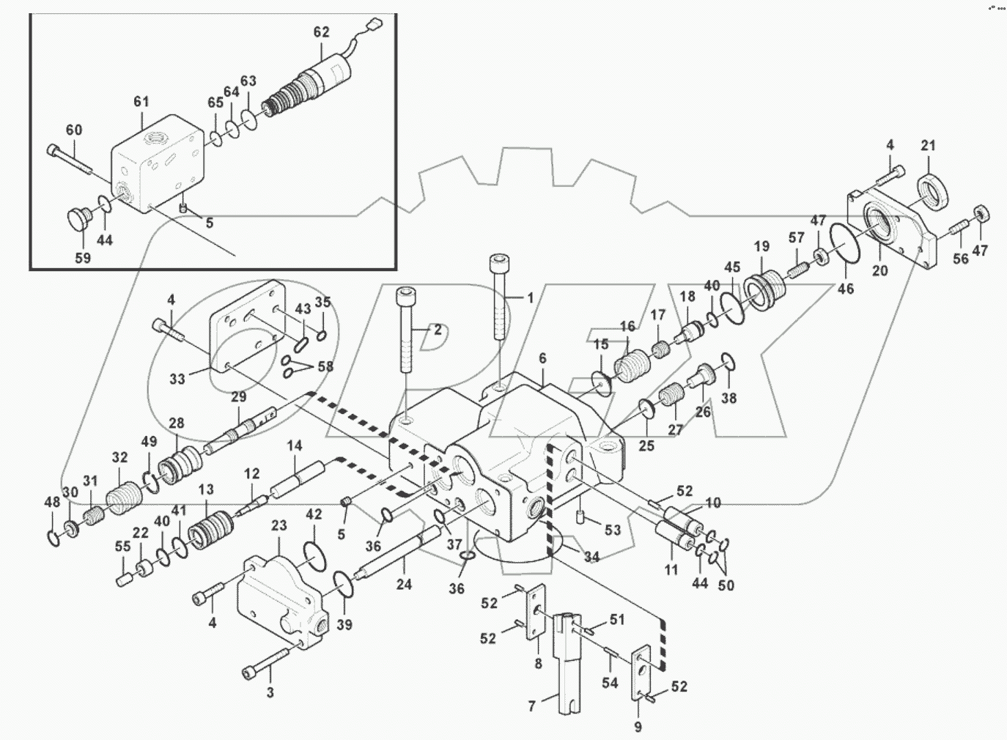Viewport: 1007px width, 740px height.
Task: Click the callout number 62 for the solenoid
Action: [x=322, y=33]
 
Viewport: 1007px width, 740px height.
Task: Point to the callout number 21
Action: [x=928, y=146]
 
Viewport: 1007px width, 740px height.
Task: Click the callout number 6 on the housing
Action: [x=542, y=358]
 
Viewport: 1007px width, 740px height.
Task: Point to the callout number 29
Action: [x=239, y=396]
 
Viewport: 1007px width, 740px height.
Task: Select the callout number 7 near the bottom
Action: [x=533, y=706]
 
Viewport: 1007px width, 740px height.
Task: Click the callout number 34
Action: [x=591, y=557]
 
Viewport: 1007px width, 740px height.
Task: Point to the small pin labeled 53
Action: [x=579, y=517]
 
